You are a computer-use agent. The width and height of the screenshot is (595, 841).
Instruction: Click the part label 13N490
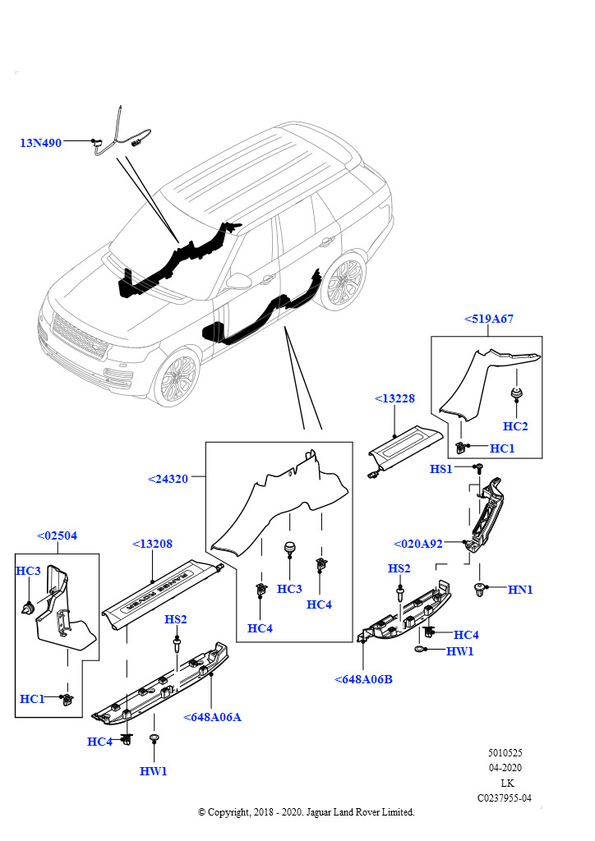[41, 143]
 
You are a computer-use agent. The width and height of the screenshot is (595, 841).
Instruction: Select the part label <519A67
[489, 319]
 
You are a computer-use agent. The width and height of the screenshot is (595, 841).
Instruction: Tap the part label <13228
[394, 398]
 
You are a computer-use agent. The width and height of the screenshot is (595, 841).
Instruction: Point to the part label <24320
[168, 478]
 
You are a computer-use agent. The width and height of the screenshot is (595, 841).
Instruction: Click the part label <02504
[58, 535]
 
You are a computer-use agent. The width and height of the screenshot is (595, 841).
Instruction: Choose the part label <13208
[153, 544]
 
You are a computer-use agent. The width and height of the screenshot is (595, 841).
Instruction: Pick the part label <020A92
[418, 543]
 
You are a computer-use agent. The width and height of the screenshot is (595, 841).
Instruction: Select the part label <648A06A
[212, 717]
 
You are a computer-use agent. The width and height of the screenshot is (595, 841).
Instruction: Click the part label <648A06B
[363, 679]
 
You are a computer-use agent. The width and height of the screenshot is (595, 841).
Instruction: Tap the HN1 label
[520, 589]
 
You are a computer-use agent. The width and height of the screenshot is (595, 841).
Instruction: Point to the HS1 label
[441, 468]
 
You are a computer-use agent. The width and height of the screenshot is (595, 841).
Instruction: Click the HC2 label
[515, 426]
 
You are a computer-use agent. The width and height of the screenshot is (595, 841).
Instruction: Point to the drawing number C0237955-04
[505, 797]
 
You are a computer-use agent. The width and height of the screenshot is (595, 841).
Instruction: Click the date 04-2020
[505, 768]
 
